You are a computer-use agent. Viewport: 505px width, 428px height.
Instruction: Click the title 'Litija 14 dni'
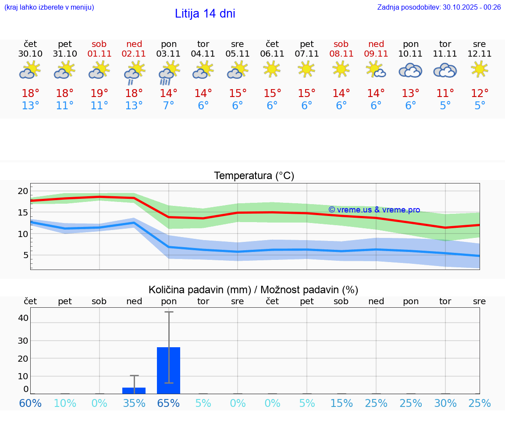point(205,14)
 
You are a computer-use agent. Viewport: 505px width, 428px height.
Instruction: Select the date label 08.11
point(341,54)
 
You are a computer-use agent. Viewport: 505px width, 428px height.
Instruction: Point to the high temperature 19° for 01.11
point(100,94)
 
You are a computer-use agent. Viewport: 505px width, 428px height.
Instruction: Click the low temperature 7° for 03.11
point(169,106)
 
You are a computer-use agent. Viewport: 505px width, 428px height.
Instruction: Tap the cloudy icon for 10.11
point(410,70)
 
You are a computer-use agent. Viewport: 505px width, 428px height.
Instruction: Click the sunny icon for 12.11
point(480,69)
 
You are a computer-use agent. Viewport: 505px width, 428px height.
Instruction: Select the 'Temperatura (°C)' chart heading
point(254,176)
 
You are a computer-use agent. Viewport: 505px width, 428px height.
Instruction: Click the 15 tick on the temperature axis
point(23,212)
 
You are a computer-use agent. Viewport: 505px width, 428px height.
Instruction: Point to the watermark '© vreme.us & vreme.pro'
point(374,210)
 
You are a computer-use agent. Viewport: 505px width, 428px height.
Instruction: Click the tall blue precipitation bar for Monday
point(169,370)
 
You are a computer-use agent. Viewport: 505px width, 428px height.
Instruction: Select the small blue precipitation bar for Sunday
point(134,391)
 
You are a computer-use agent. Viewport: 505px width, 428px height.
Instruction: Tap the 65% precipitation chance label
point(169,403)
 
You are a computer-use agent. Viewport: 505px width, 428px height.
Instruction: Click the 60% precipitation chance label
point(30,403)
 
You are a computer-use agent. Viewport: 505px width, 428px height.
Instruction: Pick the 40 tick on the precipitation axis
point(23,318)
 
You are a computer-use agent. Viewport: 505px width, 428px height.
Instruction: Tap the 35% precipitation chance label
point(134,403)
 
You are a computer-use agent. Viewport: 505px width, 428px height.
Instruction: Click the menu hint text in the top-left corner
point(49,7)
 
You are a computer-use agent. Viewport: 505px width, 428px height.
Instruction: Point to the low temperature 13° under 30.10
point(30,106)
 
